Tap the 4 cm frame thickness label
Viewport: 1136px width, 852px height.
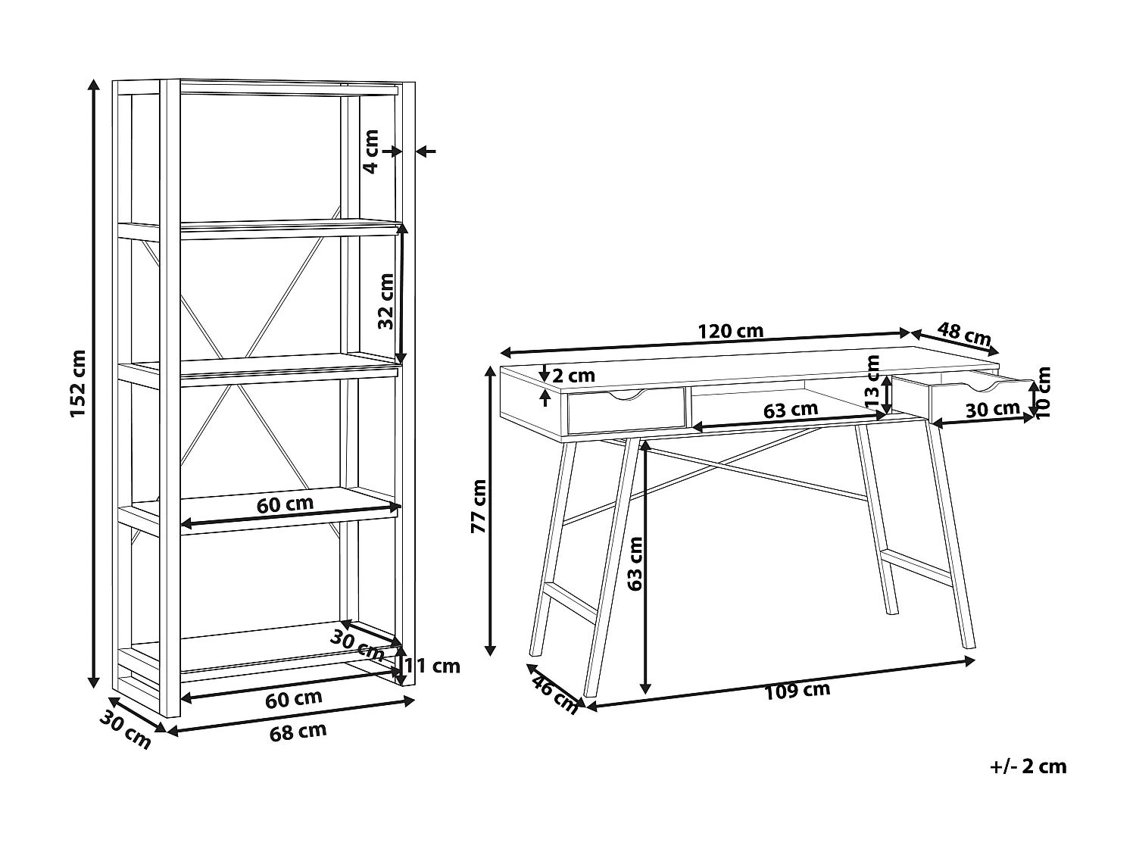click(x=370, y=151)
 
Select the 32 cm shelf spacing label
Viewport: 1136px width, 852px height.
click(x=386, y=301)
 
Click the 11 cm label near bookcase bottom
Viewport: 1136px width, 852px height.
click(x=431, y=666)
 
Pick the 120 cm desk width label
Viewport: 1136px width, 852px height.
click(x=730, y=331)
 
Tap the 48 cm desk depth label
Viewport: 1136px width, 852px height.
click(x=964, y=333)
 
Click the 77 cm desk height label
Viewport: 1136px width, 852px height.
click(x=479, y=507)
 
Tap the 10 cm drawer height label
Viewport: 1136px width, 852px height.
click(x=1044, y=392)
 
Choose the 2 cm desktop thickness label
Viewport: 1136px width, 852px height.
click(x=574, y=376)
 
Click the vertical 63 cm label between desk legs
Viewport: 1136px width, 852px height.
click(x=635, y=563)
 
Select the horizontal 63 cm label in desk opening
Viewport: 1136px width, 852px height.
click(x=791, y=410)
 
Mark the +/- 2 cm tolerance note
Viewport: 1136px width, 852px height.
click(x=1028, y=766)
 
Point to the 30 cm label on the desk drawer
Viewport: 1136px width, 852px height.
click(x=993, y=410)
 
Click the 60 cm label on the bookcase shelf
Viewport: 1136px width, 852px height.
click(x=285, y=503)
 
